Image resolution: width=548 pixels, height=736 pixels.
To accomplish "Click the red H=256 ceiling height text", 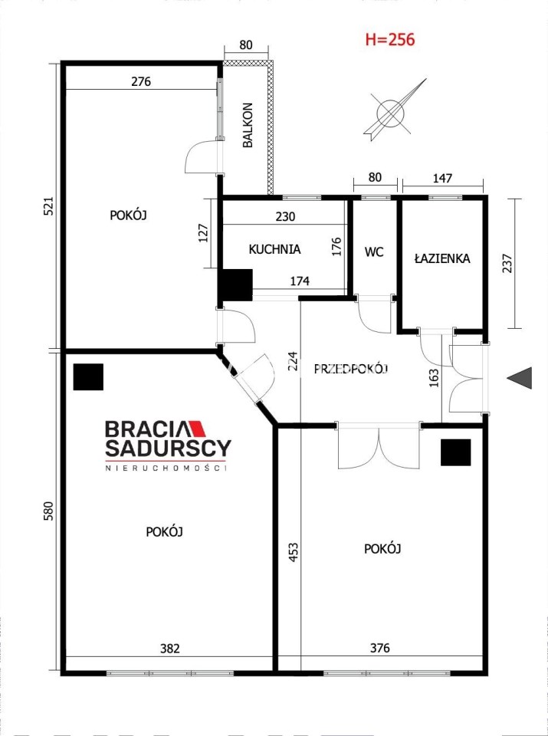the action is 390,39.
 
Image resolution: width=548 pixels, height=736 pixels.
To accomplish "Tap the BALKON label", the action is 248,125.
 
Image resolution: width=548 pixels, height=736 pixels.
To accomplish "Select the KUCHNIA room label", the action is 274,249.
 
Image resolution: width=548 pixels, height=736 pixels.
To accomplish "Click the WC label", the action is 375,252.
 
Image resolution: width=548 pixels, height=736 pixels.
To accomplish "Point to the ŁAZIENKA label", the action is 442,258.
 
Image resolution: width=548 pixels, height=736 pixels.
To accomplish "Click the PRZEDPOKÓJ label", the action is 352,370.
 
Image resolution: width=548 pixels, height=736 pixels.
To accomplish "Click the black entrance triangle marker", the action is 520,378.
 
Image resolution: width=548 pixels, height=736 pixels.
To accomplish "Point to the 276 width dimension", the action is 141,82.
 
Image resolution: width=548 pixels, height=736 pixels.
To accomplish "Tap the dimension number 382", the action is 170,649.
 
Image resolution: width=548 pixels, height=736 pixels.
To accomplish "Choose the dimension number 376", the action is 379,649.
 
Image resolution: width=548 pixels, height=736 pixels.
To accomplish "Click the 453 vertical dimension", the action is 294,553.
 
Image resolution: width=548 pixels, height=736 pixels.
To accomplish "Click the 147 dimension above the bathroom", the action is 442,178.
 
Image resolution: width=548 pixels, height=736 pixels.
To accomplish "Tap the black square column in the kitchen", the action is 237,284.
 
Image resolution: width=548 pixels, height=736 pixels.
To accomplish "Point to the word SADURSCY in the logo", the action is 168,449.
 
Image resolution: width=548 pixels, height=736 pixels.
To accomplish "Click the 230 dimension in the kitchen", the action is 285,217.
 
